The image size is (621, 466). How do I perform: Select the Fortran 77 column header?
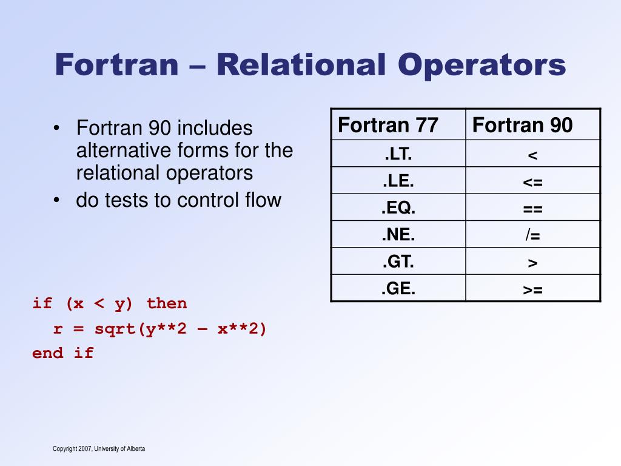pyautogui.click(x=388, y=125)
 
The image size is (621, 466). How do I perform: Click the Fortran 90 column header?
pyautogui.click(x=522, y=125)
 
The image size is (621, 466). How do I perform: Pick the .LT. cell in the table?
pyautogui.click(x=398, y=155)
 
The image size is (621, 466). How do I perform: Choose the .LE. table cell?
pyautogui.click(x=398, y=181)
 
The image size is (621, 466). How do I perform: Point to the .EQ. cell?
pyautogui.click(x=398, y=208)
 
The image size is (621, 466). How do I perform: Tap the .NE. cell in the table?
pyautogui.click(x=398, y=235)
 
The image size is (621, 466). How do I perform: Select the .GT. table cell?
pyautogui.click(x=398, y=262)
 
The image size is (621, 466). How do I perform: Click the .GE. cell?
pyautogui.click(x=398, y=288)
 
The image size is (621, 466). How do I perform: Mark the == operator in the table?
pyautogui.click(x=532, y=209)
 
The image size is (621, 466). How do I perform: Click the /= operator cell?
pyautogui.click(x=532, y=235)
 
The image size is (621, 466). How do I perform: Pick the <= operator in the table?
pyautogui.click(x=532, y=182)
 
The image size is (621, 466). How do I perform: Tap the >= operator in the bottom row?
pyautogui.click(x=532, y=289)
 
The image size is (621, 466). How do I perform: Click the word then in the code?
pyautogui.click(x=167, y=303)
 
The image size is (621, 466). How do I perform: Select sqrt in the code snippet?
pyautogui.click(x=115, y=329)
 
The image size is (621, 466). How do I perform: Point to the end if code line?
pyautogui.click(x=63, y=353)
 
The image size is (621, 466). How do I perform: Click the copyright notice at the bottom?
pyautogui.click(x=99, y=449)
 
